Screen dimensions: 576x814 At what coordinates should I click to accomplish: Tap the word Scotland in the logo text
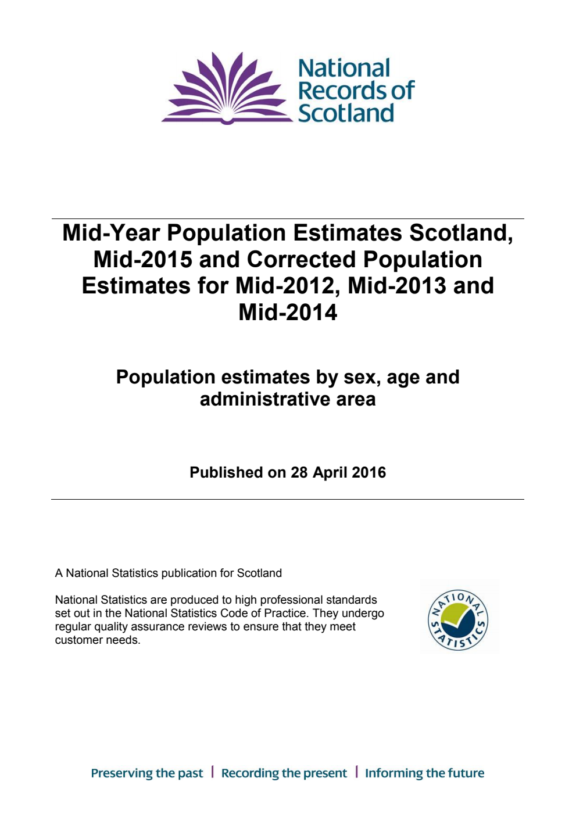tap(346, 113)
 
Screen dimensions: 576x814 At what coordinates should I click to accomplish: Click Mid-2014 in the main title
tap(288, 313)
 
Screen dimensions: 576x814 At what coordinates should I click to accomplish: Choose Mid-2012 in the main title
tap(283, 286)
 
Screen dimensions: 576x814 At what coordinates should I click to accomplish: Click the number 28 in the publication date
tap(299, 472)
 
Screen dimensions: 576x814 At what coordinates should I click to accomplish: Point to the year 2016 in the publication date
tap(369, 472)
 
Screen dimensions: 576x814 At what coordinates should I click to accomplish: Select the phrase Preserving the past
tap(147, 773)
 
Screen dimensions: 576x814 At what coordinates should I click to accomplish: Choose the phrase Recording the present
tap(284, 773)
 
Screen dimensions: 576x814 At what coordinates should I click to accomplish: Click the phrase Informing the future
tap(424, 773)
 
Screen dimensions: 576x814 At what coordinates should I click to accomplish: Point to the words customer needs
tap(97, 640)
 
